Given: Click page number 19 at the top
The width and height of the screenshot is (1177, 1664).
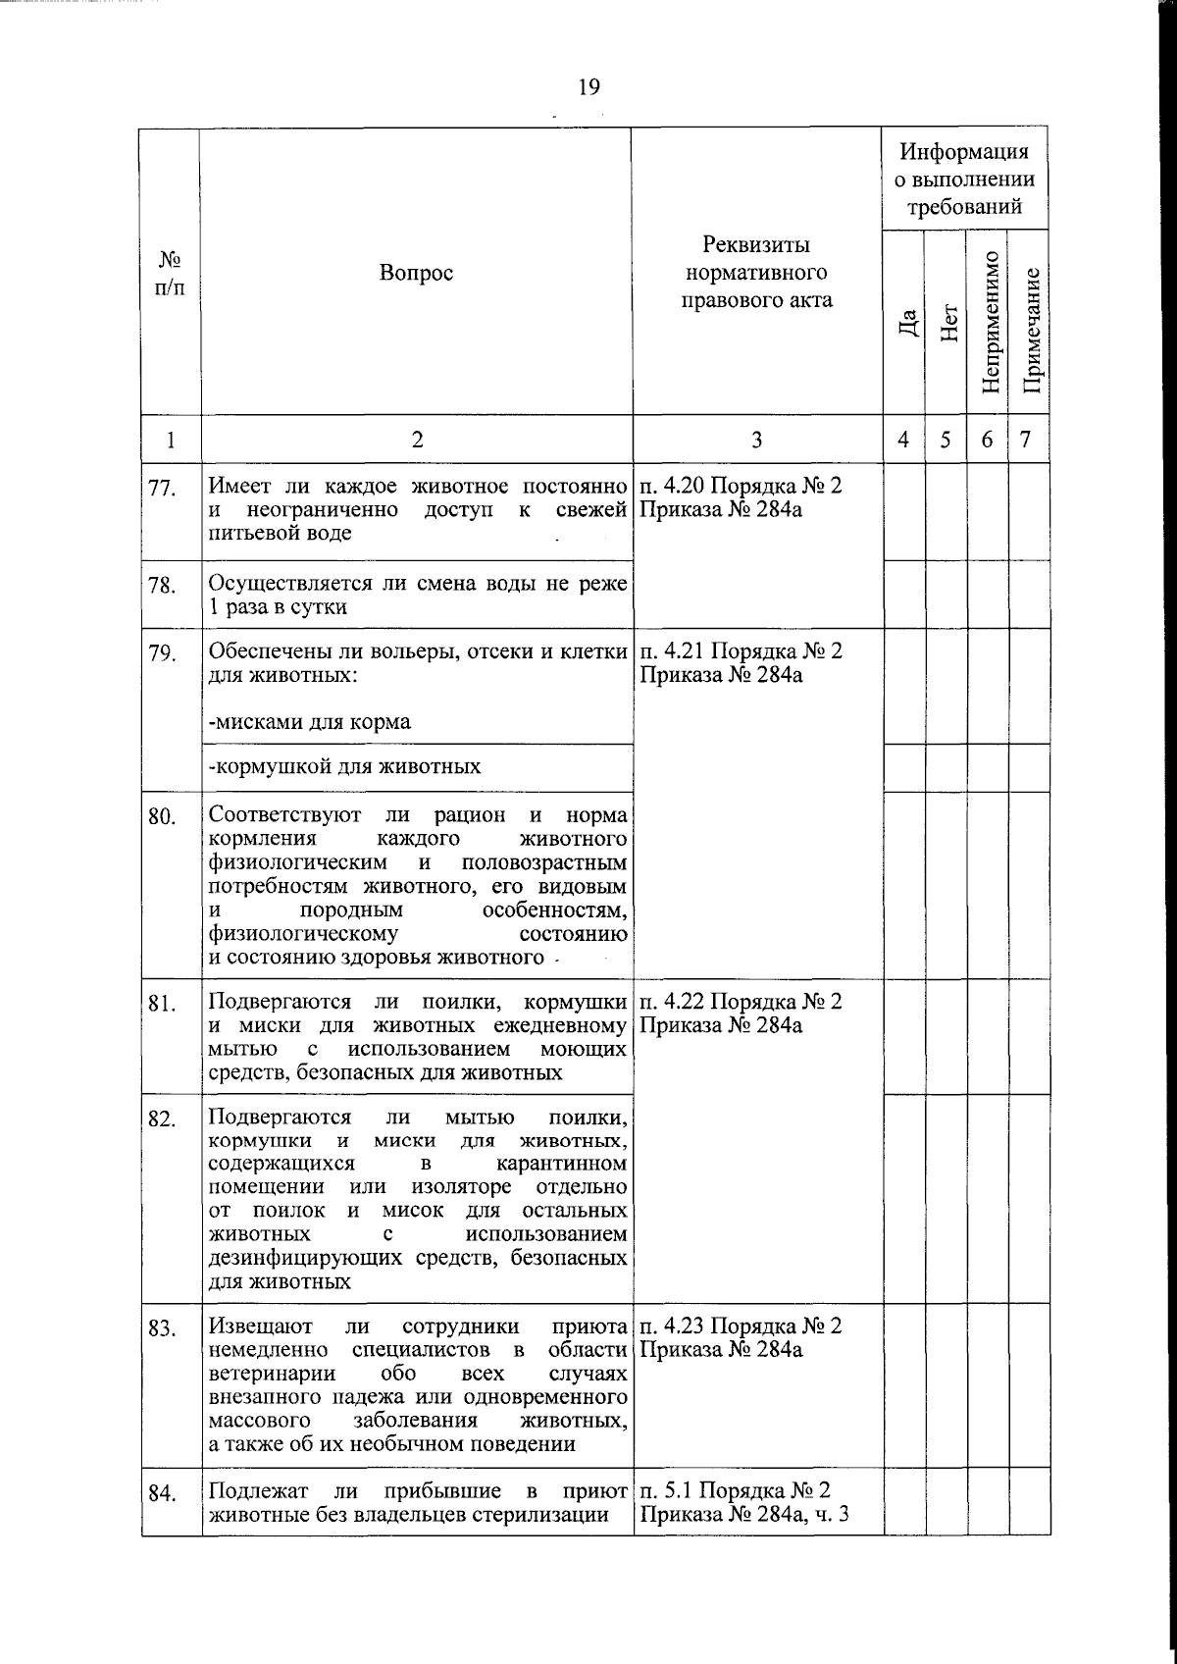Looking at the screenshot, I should [x=588, y=88].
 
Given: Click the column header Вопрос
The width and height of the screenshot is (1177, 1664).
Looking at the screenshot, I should [x=417, y=273].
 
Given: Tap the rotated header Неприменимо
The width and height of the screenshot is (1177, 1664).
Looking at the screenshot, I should [x=989, y=323].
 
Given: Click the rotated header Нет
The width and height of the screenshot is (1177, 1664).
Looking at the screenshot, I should [x=947, y=322].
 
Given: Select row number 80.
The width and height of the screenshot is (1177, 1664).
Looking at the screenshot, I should [x=162, y=816].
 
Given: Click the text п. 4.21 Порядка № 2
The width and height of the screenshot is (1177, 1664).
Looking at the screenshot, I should [x=741, y=650].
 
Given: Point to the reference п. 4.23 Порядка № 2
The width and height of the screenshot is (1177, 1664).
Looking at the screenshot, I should [x=741, y=1326].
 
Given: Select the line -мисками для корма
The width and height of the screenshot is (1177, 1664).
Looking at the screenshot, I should [x=310, y=722].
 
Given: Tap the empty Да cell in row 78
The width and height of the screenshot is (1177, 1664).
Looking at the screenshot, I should [x=904, y=595].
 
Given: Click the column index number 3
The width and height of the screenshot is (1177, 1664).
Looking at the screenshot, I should [x=756, y=440].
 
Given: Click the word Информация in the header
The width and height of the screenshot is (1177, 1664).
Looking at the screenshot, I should [x=965, y=152].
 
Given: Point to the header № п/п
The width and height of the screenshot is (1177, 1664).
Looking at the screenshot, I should [x=171, y=273].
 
